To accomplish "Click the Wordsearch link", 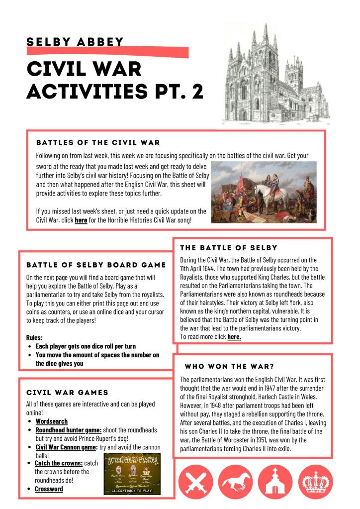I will tap(51, 421).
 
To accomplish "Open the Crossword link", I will tap(49, 489).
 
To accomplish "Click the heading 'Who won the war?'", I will tap(229, 366).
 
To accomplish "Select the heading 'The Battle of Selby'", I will tap(229, 247).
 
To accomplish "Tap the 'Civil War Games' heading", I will tap(67, 393).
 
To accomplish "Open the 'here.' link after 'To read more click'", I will tap(234, 337).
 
